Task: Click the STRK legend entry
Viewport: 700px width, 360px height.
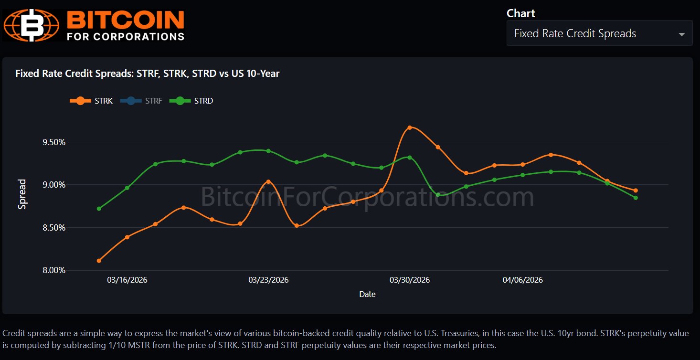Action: point(92,101)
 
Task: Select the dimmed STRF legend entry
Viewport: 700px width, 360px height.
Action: point(141,101)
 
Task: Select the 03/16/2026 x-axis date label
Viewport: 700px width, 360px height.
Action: point(127,280)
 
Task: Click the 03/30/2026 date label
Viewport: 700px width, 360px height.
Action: point(410,280)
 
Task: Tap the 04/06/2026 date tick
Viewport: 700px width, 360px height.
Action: point(522,280)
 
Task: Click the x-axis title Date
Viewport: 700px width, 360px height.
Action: point(367,294)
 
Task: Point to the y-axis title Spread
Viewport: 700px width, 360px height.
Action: point(22,194)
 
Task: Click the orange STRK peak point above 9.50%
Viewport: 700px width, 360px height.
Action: point(409,127)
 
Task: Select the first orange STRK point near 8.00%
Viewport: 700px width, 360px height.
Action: point(99,261)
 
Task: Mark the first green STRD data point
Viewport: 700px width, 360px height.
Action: point(99,209)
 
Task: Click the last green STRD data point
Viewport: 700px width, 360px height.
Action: point(636,198)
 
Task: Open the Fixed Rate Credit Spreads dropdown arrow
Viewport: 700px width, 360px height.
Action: point(681,34)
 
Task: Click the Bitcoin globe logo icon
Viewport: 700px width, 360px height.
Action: point(32,25)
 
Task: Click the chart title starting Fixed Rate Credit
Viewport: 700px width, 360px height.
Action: point(147,74)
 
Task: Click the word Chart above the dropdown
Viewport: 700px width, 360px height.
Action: point(521,13)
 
